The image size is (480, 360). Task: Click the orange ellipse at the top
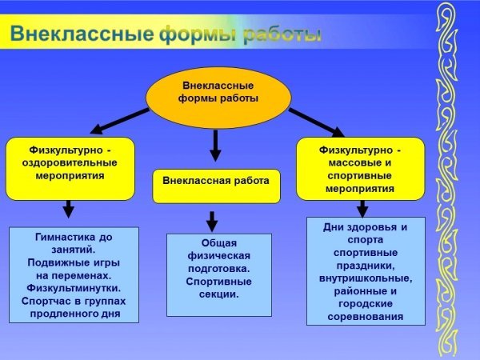218,98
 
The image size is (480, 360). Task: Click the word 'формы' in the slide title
198,34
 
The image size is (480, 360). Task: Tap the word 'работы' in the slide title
282,34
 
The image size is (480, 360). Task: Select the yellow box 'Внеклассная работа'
217,186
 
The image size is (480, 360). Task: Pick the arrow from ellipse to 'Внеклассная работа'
215,146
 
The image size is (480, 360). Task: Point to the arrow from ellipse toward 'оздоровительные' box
120,121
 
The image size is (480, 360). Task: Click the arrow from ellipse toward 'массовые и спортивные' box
317,122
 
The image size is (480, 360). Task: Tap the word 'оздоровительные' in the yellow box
70,162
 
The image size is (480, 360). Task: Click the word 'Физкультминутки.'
74,288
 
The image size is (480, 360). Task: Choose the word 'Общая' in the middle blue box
219,243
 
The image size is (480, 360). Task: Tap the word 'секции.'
219,294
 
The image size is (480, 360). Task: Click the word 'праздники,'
366,266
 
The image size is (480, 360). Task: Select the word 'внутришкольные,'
366,278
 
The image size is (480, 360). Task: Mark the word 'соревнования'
366,317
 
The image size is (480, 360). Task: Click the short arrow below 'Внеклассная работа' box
212,222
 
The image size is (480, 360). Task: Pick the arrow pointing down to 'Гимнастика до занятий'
69,209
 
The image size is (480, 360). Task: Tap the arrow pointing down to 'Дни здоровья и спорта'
362,209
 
